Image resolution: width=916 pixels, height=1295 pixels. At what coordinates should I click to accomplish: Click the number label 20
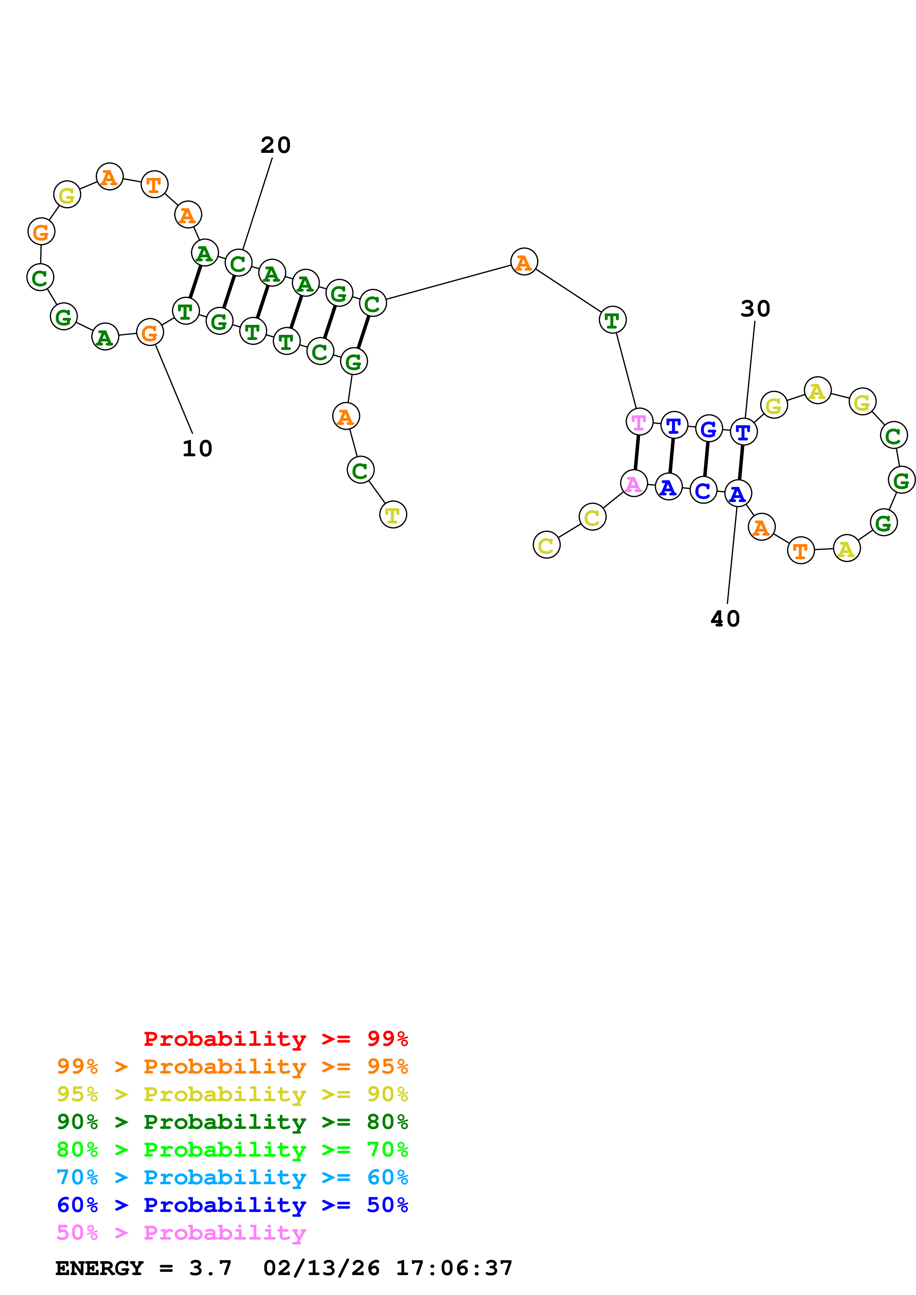[x=275, y=145]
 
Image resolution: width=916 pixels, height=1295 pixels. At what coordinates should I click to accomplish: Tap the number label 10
[x=197, y=449]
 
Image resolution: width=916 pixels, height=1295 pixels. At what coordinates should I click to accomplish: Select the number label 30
[x=755, y=309]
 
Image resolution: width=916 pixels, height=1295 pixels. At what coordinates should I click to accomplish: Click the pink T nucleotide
[x=639, y=422]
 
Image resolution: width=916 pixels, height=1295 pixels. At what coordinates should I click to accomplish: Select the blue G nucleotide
[x=708, y=429]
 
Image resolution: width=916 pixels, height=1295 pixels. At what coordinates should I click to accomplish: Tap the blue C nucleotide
[x=703, y=491]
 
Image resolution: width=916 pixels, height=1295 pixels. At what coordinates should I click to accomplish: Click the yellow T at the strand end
[x=393, y=514]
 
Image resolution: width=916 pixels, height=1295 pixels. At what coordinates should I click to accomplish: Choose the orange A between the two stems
[x=524, y=262]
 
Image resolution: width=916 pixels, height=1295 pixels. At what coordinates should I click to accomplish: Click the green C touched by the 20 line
[x=238, y=263]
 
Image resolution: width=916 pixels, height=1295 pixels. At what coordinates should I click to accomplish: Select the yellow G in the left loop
[x=67, y=195]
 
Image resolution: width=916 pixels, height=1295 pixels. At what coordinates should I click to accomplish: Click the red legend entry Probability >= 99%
[x=275, y=1039]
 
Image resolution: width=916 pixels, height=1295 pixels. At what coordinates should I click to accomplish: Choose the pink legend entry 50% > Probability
[x=181, y=1232]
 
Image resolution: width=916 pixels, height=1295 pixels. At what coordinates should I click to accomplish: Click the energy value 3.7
[x=210, y=1268]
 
